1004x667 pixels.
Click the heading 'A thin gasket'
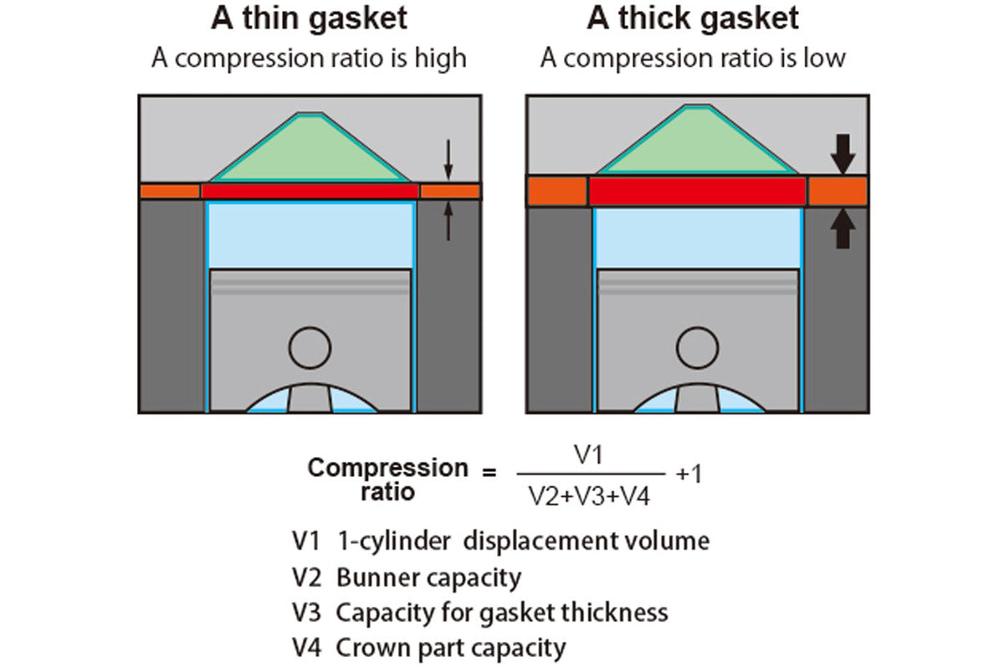(309, 19)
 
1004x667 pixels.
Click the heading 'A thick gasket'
(693, 19)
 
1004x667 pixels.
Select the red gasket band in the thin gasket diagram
(310, 192)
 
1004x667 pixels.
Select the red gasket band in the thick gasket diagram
(698, 192)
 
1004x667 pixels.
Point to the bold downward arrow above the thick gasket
(843, 154)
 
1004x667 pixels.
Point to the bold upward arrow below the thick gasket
(843, 228)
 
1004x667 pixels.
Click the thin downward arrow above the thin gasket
(448, 160)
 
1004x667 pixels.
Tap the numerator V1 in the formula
(589, 454)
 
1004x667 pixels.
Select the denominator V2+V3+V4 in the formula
(589, 496)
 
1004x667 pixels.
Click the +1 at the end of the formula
(689, 474)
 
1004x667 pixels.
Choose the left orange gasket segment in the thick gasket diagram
(557, 192)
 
